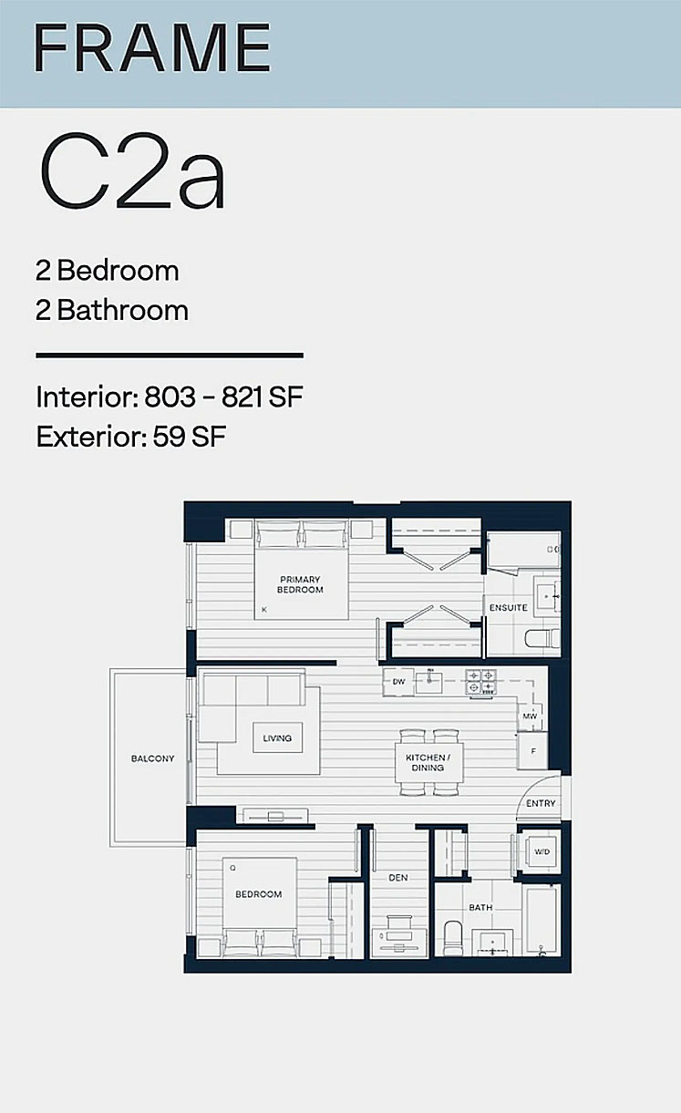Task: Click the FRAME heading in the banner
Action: [152, 47]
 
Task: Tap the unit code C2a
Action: [133, 171]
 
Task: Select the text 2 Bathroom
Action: [112, 310]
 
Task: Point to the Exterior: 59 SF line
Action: [131, 437]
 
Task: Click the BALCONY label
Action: [152, 758]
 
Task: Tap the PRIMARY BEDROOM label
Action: [300, 585]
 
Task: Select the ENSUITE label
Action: [508, 608]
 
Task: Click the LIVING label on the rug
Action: [277, 738]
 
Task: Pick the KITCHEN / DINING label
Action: [428, 763]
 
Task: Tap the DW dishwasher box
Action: [398, 682]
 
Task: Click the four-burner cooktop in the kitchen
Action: [480, 682]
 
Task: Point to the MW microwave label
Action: [530, 716]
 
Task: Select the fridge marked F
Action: [533, 751]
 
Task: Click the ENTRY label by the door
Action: [541, 803]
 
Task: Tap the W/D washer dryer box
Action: [541, 851]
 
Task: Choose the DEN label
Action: [398, 878]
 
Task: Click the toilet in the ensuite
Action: [542, 638]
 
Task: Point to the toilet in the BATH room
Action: [452, 938]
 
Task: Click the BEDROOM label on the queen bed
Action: [259, 894]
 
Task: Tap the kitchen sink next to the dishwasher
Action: [428, 682]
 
